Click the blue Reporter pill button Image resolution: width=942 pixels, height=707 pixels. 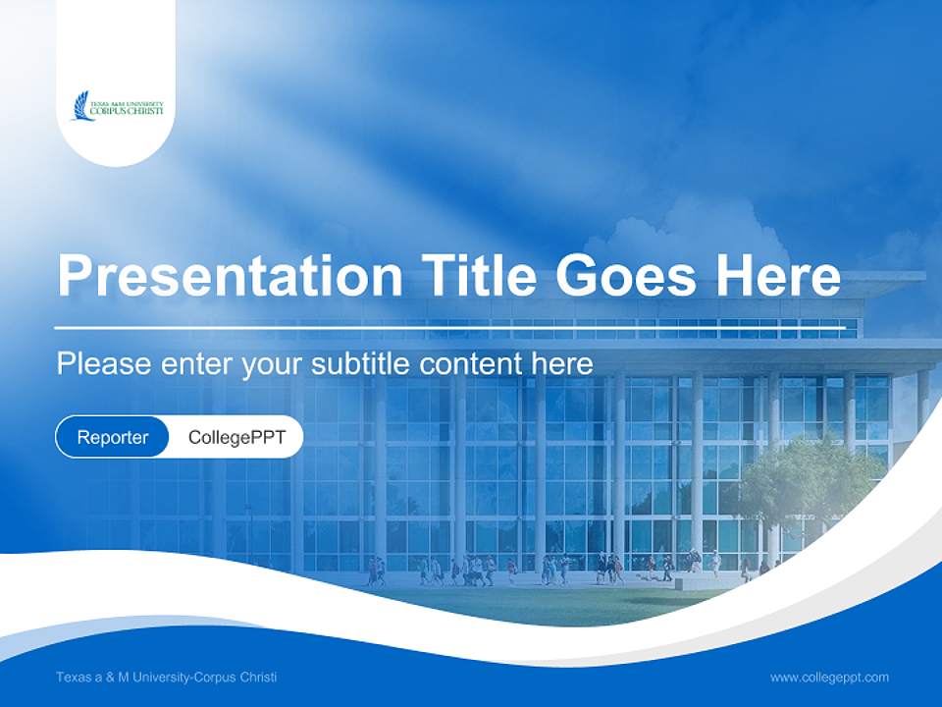click(112, 437)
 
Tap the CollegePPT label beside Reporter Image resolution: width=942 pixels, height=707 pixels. click(236, 437)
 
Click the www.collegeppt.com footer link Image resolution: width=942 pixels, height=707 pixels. click(829, 677)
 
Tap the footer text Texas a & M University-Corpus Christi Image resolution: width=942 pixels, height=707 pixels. click(166, 677)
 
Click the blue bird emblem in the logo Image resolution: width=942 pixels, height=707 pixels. click(79, 105)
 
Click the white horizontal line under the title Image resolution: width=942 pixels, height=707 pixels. click(449, 326)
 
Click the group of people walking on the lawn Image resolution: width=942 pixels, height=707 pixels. click(471, 571)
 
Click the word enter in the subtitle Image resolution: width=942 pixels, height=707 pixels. click(195, 364)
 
